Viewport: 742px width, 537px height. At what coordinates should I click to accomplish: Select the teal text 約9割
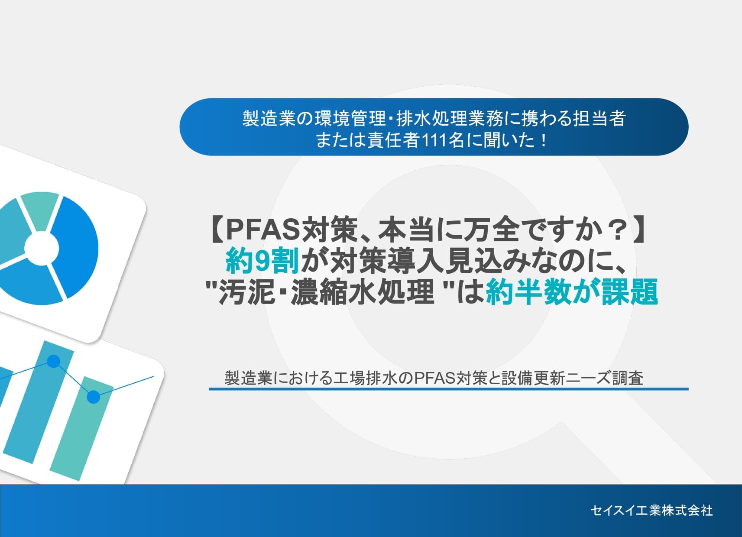[262, 261]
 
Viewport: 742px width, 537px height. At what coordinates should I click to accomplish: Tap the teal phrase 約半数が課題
[572, 292]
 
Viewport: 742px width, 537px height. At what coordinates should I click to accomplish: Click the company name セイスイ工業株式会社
[651, 511]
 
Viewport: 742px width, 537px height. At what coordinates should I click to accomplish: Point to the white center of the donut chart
[41, 249]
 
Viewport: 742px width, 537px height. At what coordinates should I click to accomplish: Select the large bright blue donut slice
[76, 247]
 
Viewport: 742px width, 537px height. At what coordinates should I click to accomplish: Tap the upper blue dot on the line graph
[53, 361]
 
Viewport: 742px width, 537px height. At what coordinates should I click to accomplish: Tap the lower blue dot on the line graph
[93, 396]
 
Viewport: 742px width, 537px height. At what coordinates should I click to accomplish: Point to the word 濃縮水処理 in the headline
[362, 292]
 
